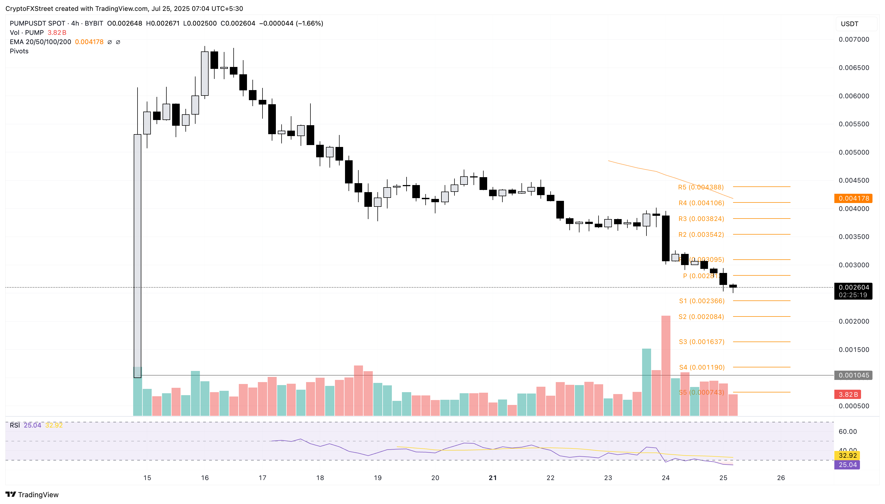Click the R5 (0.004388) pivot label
tap(700, 187)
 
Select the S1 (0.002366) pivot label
tap(701, 301)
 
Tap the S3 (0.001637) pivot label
tap(701, 342)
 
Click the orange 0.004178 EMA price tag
tap(853, 198)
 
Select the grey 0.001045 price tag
tap(853, 375)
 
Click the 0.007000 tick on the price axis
tap(853, 39)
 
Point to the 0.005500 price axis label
tap(853, 124)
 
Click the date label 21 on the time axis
tap(493, 478)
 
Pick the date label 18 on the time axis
tap(320, 478)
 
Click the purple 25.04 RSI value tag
tap(847, 465)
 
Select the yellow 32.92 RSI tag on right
tap(847, 456)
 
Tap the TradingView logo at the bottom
tap(32, 494)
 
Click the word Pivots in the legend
tap(19, 51)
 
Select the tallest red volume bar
tap(666, 365)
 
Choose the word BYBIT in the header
tap(94, 23)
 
